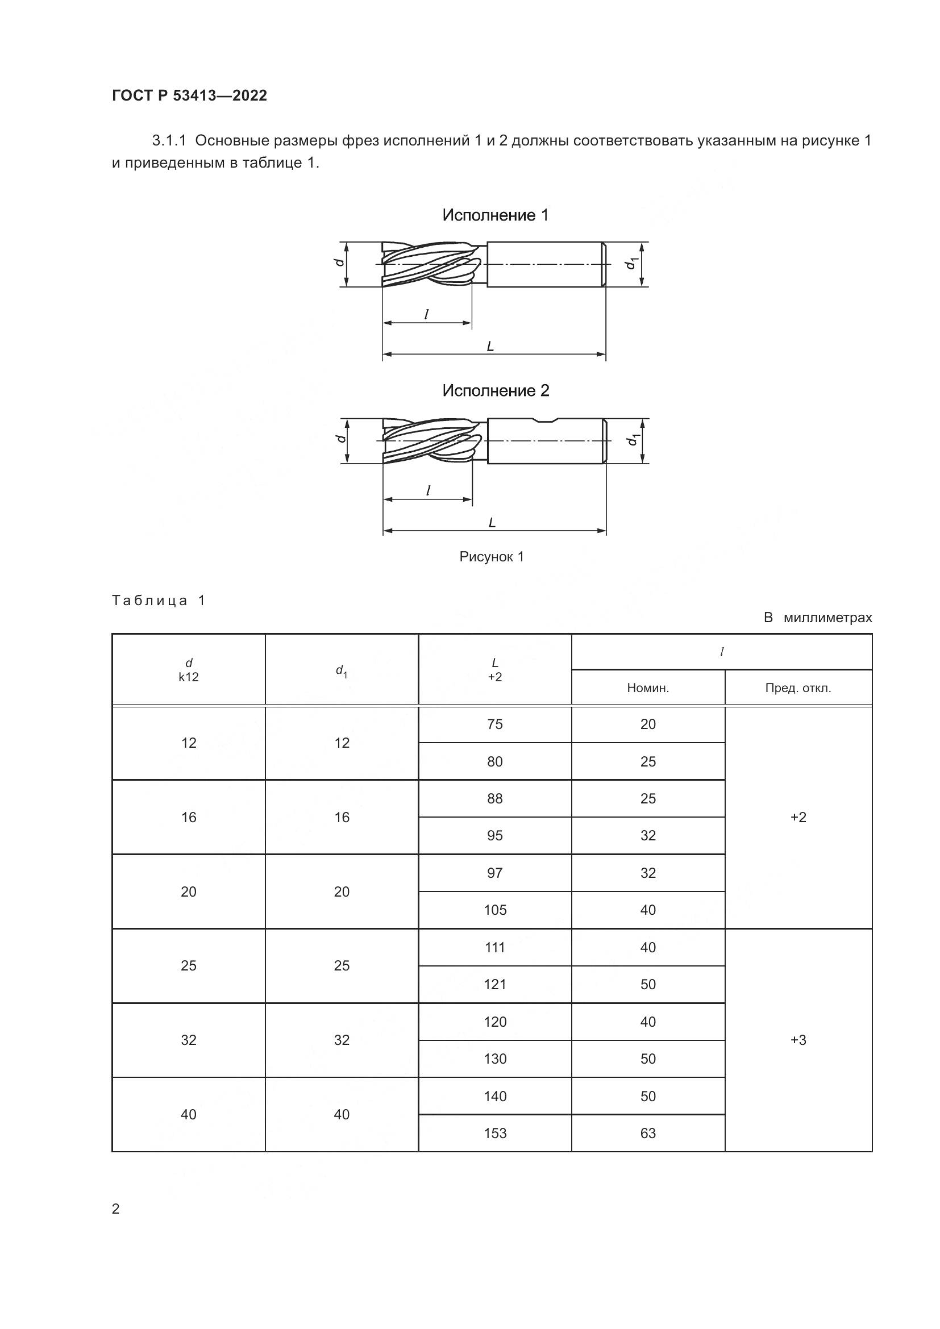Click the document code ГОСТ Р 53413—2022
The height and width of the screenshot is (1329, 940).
[189, 95]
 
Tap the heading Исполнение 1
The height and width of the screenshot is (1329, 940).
[495, 215]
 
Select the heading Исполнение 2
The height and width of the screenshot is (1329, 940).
[496, 391]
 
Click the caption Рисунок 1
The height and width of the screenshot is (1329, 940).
[492, 557]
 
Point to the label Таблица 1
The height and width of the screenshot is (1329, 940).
[159, 600]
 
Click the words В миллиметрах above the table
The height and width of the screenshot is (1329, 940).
[817, 618]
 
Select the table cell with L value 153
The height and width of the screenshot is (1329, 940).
[495, 1134]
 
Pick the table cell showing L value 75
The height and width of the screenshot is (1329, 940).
[495, 724]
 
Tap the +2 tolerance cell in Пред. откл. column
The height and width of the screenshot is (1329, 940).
[798, 817]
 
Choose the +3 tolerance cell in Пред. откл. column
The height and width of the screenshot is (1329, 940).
[798, 1040]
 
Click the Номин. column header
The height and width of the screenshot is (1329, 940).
[648, 688]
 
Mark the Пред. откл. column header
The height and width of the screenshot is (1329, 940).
[798, 688]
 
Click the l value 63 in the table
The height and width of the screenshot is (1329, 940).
[648, 1134]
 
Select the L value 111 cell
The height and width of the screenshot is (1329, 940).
[495, 948]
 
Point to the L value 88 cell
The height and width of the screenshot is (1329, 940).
[495, 799]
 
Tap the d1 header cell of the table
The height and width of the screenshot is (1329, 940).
[342, 670]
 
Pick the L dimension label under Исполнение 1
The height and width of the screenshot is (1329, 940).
[490, 347]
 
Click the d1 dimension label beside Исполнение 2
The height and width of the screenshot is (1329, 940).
[632, 440]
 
